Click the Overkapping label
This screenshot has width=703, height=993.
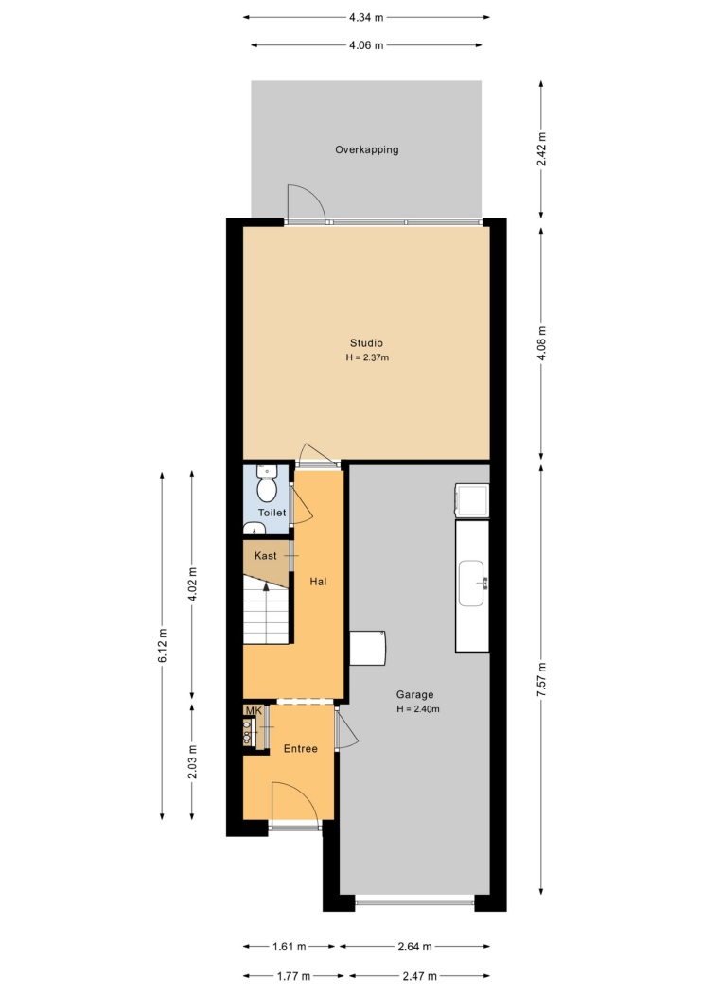pos(367,150)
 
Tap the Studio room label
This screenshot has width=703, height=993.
pos(366,343)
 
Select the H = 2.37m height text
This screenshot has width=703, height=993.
pos(367,357)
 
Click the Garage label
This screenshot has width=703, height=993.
pos(414,695)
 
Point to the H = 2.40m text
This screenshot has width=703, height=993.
pos(418,709)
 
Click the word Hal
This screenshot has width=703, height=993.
pos(318,582)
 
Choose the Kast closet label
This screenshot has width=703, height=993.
pos(265,556)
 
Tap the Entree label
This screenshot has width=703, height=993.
pos(300,749)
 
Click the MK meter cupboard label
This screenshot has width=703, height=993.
pos(254,710)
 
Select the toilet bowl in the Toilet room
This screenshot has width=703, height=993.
pos(266,490)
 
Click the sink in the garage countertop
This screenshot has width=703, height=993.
pos(472,584)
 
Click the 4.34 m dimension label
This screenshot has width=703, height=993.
pos(366,18)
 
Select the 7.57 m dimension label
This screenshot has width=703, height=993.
pos(541,679)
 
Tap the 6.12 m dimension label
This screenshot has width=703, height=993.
pos(162,645)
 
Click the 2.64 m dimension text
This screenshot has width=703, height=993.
pos(414,947)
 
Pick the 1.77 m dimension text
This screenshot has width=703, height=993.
pos(293,976)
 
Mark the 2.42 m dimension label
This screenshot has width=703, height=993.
pos(541,148)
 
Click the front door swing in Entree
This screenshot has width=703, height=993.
pos(295,802)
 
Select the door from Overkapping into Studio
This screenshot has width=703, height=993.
pos(307,204)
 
